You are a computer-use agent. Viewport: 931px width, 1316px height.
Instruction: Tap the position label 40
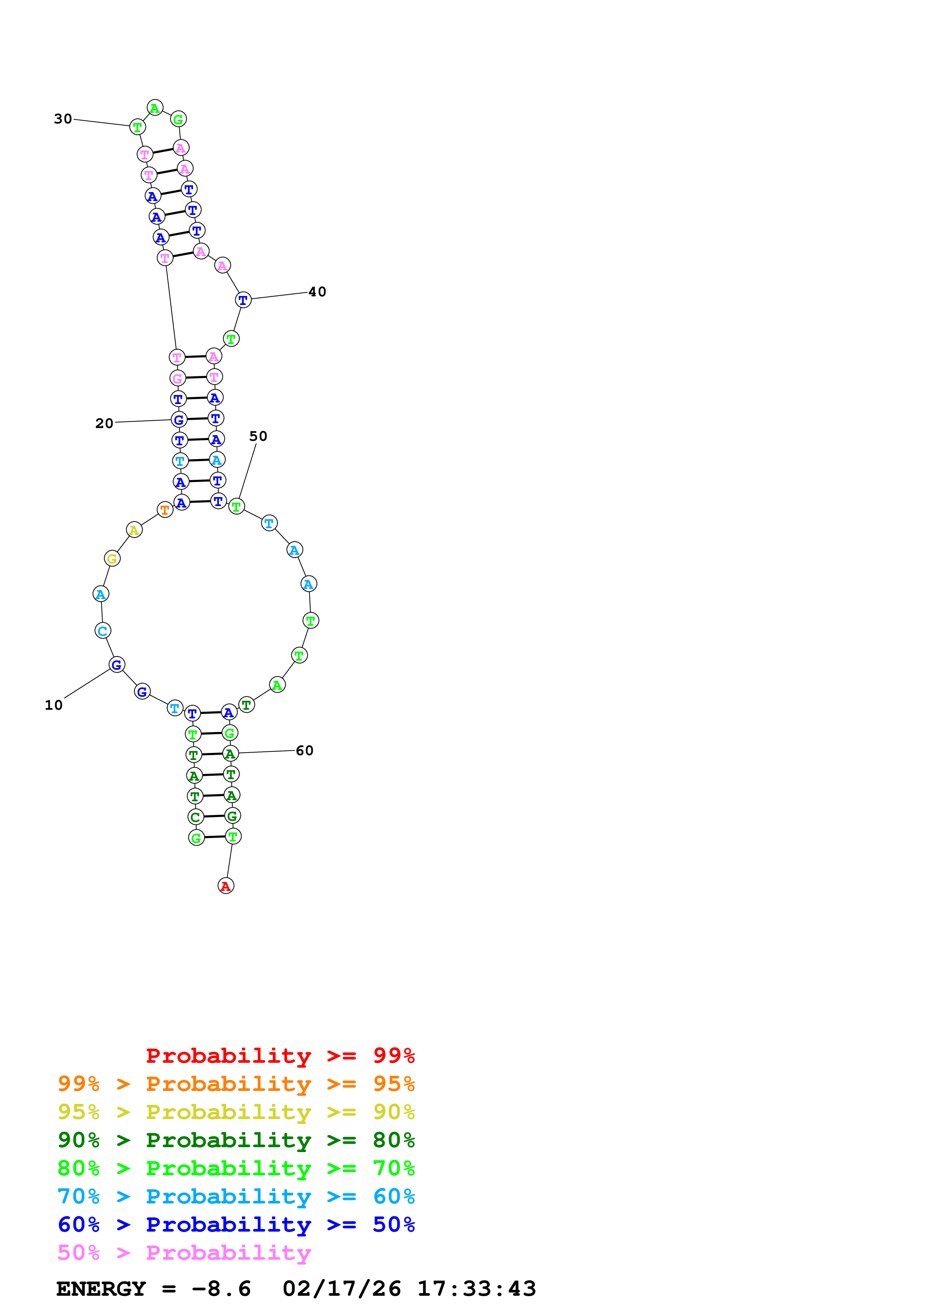(317, 292)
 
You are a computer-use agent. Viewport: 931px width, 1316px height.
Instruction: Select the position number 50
(258, 436)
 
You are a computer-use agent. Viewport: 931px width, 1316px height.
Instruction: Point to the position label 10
(54, 705)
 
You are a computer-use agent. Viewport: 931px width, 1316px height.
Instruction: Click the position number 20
(104, 424)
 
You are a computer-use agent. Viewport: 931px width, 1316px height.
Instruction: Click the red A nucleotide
(226, 886)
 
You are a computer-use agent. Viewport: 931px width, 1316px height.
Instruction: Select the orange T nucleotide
(165, 509)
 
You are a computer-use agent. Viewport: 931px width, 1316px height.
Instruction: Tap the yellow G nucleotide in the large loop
(112, 558)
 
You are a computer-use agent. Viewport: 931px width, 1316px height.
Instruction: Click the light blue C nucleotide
(103, 631)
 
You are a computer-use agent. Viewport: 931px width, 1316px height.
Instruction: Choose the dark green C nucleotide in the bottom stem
(196, 817)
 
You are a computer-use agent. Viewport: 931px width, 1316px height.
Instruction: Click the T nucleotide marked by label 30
(138, 127)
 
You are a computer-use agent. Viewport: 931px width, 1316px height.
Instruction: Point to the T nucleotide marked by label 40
(243, 300)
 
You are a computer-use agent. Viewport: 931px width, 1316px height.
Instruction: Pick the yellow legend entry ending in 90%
(236, 1112)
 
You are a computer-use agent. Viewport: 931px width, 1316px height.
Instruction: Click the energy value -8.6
(222, 1289)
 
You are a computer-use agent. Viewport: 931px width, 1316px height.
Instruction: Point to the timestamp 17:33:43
(477, 1289)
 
